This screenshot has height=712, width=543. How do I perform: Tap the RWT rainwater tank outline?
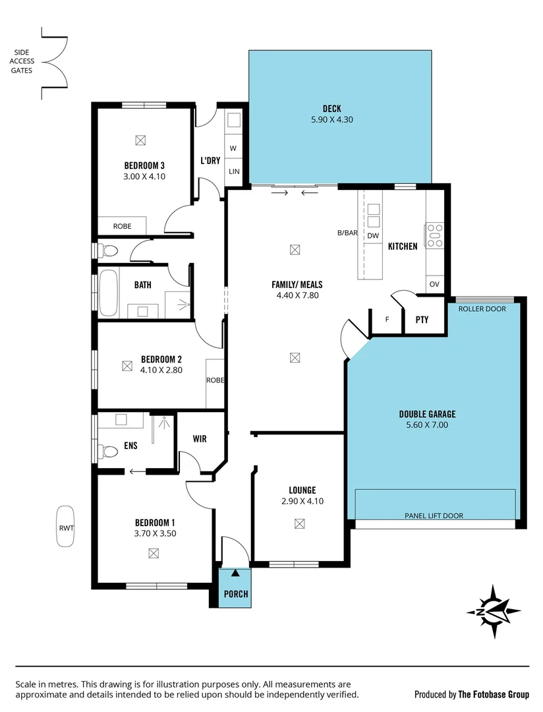[65, 526]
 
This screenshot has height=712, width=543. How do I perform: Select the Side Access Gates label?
[22, 61]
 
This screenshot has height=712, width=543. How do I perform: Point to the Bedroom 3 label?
[144, 165]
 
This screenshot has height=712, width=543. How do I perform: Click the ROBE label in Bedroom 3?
[122, 226]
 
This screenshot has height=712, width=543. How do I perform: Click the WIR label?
[200, 439]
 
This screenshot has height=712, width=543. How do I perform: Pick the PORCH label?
[235, 594]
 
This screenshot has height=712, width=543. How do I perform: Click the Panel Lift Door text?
[433, 516]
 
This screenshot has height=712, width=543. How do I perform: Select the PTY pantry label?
[422, 320]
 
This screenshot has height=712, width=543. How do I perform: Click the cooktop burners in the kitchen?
[435, 235]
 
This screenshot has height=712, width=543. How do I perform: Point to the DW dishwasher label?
[373, 235]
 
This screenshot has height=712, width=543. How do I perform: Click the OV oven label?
[434, 284]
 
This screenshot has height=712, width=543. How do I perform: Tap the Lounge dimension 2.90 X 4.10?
[302, 501]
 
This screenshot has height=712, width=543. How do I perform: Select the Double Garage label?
[427, 414]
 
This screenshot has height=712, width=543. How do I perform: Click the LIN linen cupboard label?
[234, 171]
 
